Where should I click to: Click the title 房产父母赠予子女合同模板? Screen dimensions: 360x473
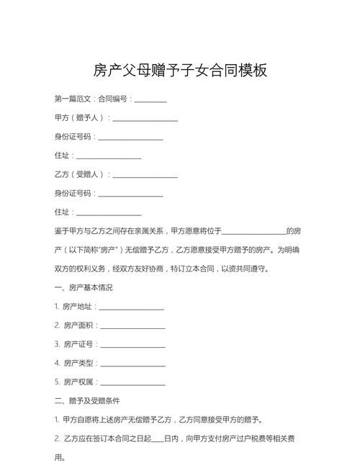pyautogui.click(x=180, y=70)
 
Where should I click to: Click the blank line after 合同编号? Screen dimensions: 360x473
pyautogui.click(x=150, y=100)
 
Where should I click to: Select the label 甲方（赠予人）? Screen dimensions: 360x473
pyautogui.click(x=80, y=117)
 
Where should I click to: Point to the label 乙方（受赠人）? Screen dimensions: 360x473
pyautogui.click(x=80, y=174)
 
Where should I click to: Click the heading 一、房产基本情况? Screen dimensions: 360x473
pyautogui.click(x=84, y=287)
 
